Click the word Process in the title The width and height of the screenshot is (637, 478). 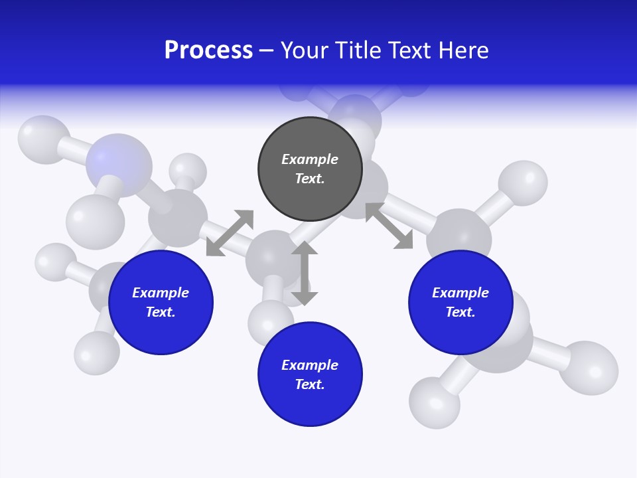click(208, 50)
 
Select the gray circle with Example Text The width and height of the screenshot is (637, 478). click(310, 169)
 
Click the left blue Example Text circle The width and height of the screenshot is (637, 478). click(161, 302)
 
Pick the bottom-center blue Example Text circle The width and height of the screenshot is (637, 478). click(310, 374)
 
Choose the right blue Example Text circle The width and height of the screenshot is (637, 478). click(460, 302)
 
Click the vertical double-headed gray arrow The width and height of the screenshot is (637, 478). click(305, 274)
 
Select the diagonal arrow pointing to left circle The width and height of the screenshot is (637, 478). click(230, 233)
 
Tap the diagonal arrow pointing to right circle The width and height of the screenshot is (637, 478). click(389, 226)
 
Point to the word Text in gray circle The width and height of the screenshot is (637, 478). click(309, 179)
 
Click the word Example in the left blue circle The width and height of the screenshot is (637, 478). click(161, 293)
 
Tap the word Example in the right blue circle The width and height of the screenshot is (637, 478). click(460, 293)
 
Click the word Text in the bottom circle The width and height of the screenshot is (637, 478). click(309, 384)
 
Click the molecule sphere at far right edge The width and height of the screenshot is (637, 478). click(589, 368)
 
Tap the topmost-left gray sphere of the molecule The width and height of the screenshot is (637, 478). click(43, 139)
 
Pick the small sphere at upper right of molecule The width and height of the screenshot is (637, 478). click(523, 182)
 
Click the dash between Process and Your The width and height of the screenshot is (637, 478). click(267, 50)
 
